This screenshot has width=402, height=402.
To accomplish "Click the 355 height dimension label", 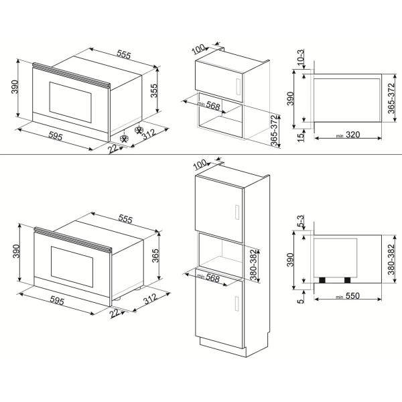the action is [154, 90].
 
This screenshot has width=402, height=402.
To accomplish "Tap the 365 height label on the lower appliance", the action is [155, 255].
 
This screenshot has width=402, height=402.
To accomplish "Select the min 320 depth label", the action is [348, 135].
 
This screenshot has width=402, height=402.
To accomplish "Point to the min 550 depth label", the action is [348, 296].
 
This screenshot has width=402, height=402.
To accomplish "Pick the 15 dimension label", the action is [300, 137].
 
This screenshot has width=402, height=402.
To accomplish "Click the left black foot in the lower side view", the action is [322, 280].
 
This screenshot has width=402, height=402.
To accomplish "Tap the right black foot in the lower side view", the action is [347, 280].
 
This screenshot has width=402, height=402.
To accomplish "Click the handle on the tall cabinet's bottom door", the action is [237, 304].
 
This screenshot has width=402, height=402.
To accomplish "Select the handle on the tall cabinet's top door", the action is [237, 212].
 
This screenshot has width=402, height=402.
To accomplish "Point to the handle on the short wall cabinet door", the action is [238, 86].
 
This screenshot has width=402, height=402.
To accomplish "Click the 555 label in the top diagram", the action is [124, 54].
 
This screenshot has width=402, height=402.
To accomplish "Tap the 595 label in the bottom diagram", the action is [57, 300].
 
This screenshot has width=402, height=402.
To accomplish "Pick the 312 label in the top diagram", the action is [149, 134].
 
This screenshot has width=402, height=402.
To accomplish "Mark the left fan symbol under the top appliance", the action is [124, 139].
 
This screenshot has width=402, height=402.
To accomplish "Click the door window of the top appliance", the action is [70, 103].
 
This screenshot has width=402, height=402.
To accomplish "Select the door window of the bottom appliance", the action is [72, 267].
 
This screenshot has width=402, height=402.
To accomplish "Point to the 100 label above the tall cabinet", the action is [200, 164].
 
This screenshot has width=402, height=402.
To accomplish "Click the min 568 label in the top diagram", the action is [209, 105].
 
